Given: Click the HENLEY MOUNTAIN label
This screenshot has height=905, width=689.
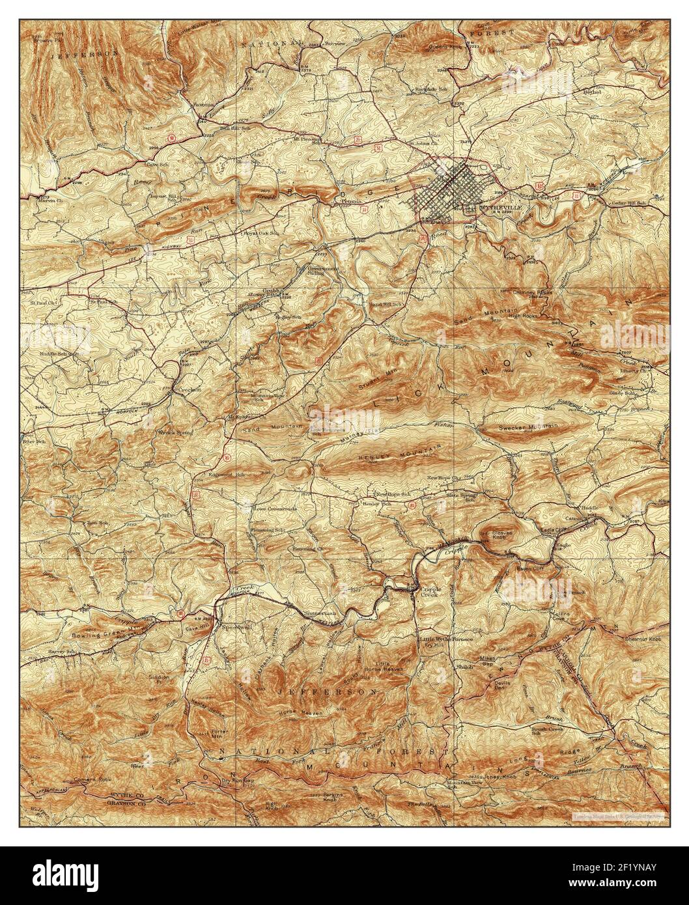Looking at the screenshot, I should pos(399,456).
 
